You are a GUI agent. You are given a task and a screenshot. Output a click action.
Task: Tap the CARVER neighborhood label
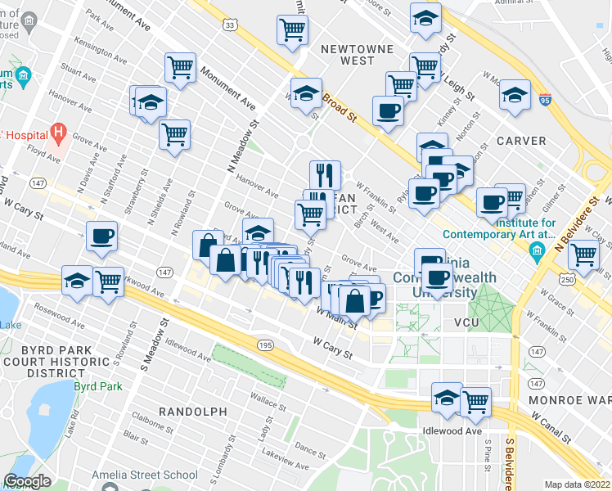522,141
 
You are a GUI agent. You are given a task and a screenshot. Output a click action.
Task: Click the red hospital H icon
57,131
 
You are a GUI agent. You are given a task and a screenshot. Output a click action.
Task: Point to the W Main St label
336,318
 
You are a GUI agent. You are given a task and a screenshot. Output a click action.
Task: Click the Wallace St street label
268,401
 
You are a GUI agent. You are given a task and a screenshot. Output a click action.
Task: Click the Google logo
27,481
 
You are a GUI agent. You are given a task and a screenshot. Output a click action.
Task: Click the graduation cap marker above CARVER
515,95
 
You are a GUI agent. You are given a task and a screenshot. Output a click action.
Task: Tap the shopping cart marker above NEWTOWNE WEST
292,29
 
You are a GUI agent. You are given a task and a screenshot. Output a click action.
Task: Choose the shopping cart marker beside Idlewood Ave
475,401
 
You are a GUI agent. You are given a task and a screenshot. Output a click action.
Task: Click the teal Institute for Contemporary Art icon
538,246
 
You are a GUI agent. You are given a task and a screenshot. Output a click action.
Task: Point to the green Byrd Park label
97,385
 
